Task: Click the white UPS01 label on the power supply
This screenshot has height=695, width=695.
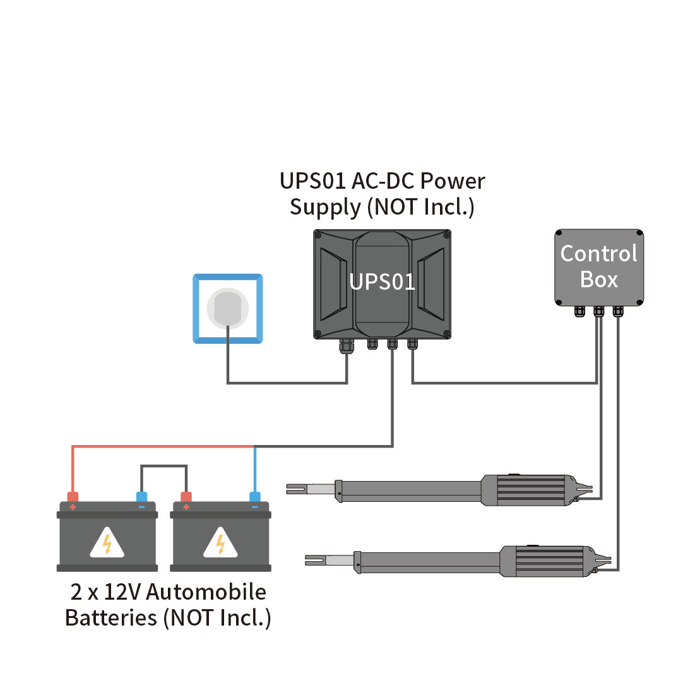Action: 382,282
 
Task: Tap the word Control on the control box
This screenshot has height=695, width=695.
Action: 598,254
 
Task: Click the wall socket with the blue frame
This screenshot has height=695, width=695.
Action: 227,309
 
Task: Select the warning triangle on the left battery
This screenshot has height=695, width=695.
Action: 107,544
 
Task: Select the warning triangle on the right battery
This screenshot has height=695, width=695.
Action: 220,544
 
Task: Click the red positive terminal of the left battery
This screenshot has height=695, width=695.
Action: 73,497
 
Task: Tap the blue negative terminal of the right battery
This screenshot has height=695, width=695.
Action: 254,497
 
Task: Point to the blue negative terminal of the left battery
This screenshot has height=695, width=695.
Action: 141,497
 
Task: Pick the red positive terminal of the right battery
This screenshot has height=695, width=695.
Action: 186,497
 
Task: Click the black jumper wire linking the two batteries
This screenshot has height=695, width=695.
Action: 163,466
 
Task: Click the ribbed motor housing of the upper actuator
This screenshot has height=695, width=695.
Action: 532,490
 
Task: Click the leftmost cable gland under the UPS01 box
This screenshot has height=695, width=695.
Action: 346,345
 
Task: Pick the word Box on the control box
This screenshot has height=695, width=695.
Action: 598,280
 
